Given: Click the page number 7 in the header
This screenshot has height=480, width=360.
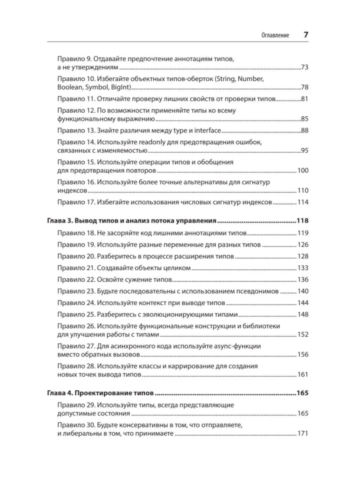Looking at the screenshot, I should tap(306, 35).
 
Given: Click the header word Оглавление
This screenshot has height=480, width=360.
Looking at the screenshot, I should tap(275, 36).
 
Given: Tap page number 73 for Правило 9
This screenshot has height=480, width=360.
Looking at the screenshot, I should tap(305, 67).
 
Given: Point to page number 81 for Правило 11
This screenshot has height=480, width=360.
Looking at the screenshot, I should tap(305, 99).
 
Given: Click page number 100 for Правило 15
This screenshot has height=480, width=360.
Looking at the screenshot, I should tap(303, 171).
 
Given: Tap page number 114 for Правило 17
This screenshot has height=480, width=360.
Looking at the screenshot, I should tap(303, 202).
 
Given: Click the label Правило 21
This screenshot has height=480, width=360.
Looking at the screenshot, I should tap(76, 268).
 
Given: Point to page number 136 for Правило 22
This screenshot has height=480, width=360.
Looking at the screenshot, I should tap(303, 280).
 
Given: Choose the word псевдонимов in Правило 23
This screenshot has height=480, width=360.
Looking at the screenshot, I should tap(258, 291).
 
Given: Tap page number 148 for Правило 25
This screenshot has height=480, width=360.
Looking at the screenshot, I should tap(303, 315).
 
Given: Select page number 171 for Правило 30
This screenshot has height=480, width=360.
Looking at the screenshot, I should tap(303, 434).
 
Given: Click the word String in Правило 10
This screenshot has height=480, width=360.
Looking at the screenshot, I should tap(224, 79).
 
